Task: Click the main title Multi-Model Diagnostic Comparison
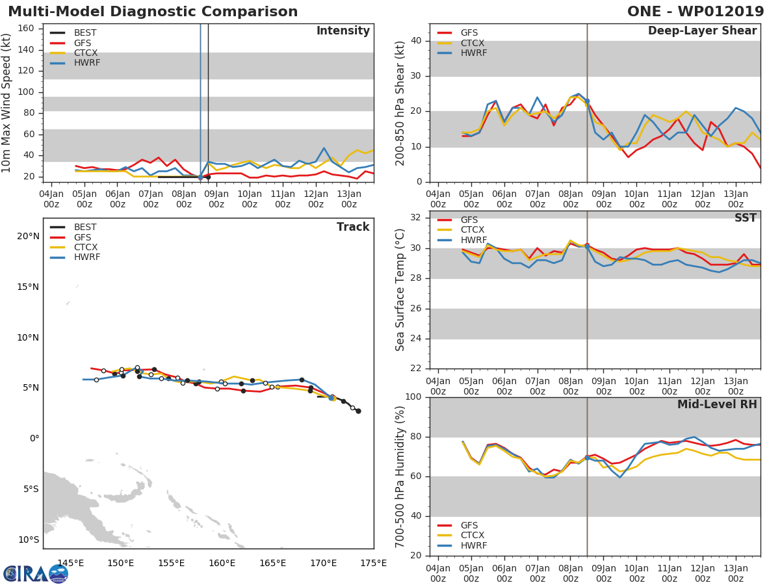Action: [x=153, y=12]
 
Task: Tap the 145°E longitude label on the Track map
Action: [x=70, y=563]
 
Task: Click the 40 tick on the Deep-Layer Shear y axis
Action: [x=417, y=41]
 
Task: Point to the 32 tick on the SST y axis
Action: [x=417, y=218]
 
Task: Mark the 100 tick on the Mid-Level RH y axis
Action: [x=414, y=396]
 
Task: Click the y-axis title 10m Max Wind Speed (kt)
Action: [x=7, y=103]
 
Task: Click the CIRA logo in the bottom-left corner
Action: [x=35, y=573]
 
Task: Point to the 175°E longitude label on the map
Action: [x=374, y=563]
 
